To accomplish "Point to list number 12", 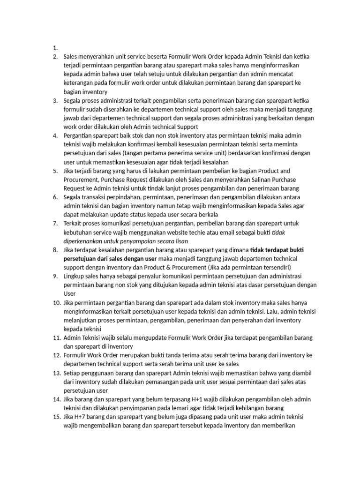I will (x=56, y=355).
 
